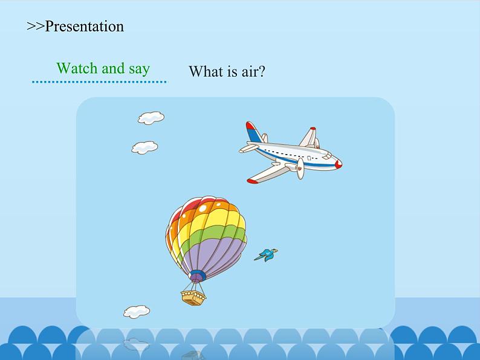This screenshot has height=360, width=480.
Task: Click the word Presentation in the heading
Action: coord(85,27)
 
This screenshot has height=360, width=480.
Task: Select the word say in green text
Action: coord(139,69)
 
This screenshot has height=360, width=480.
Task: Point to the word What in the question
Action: coord(206,71)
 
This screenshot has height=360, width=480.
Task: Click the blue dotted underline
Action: coord(99,82)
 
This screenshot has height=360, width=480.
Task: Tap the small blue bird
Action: coord(266,255)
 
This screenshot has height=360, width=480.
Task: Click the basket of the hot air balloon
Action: coord(193,298)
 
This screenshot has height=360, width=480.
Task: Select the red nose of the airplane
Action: coord(339,164)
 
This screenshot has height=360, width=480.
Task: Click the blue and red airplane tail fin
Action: coord(253,132)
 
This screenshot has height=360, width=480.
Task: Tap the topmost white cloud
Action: coord(151,118)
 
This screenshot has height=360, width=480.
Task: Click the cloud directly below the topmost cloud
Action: coord(145,148)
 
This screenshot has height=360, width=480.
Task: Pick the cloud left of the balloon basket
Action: coord(137,312)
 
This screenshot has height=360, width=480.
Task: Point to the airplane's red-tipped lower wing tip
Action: coord(252,181)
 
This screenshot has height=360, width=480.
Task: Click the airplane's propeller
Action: coord(300,169)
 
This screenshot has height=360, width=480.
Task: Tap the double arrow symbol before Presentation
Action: coord(36,27)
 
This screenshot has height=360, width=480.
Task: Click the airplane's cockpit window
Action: coord(327,156)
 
